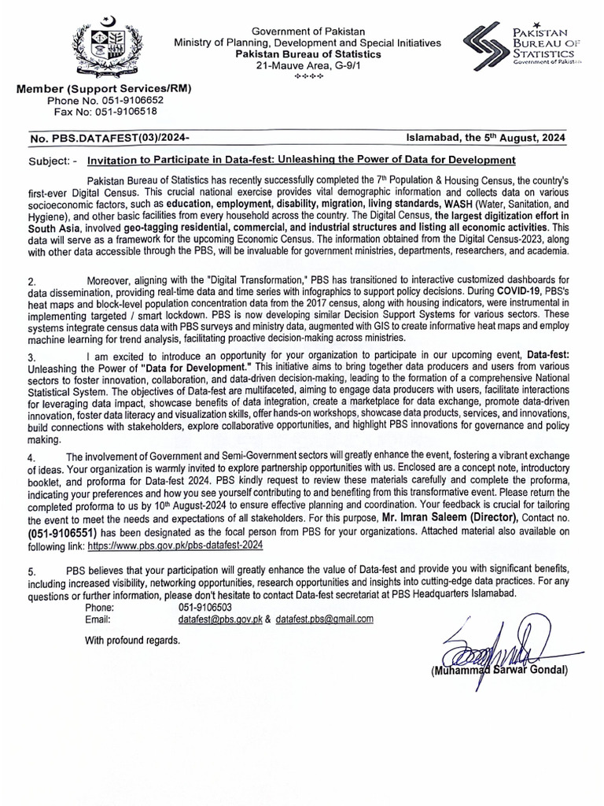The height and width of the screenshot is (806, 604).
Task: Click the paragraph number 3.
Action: tap(31, 357)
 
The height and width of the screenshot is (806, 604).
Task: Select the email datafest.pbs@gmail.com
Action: tap(324, 619)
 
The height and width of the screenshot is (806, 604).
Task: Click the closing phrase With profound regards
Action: tap(132, 640)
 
